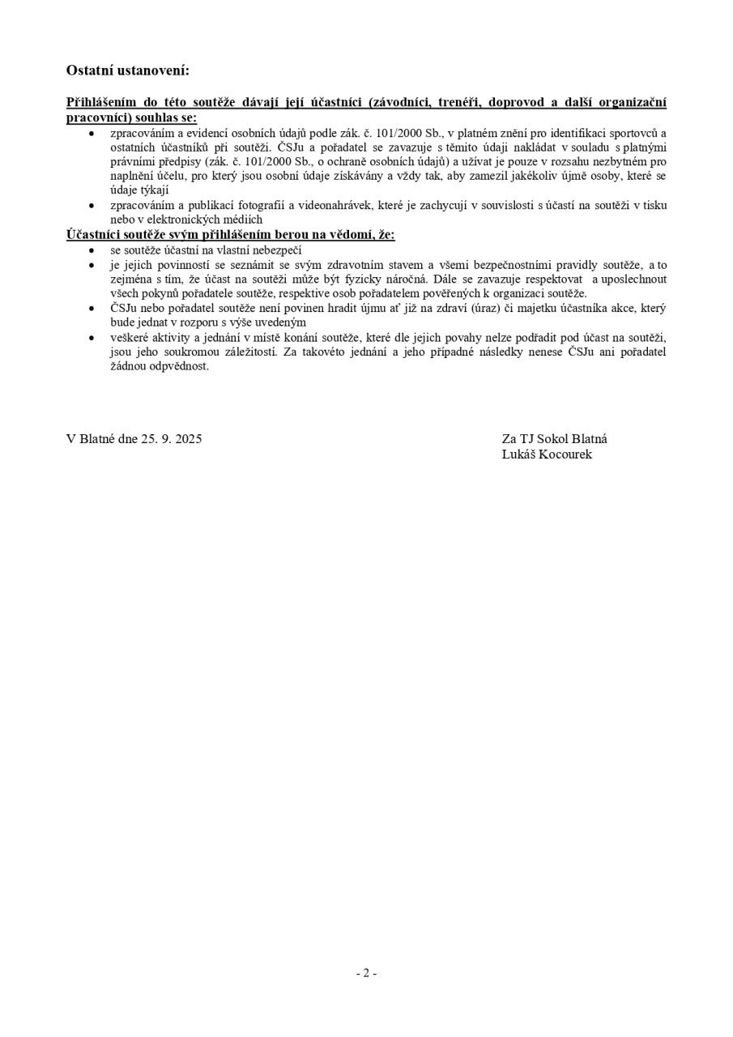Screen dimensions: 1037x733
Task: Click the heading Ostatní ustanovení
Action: click(127, 70)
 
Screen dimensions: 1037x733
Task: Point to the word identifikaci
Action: click(582, 133)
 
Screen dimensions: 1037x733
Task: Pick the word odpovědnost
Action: click(178, 366)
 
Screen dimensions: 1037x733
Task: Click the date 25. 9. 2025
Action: click(171, 439)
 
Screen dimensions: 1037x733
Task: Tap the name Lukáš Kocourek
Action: click(547, 454)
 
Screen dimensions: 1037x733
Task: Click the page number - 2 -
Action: click(366, 973)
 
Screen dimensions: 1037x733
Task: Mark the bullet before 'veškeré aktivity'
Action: click(92, 338)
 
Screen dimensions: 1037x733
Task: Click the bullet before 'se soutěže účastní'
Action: click(92, 251)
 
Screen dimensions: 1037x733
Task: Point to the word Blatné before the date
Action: click(97, 439)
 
